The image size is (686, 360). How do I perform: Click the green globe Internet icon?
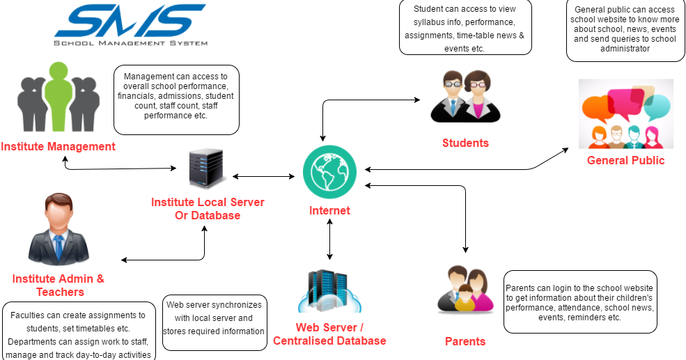(329, 174)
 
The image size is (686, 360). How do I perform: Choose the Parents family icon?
(465, 288)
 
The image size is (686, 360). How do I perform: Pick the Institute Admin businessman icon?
(59, 230)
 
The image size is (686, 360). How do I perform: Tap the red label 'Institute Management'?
(58, 147)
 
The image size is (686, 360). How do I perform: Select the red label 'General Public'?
(625, 161)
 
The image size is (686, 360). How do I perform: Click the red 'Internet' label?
(329, 210)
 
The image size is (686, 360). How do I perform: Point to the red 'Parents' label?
(465, 341)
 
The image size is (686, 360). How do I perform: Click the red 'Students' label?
(465, 143)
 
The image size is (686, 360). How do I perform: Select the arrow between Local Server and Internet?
(263, 176)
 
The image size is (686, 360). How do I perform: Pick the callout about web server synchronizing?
(214, 318)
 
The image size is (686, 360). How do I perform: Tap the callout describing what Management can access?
(176, 100)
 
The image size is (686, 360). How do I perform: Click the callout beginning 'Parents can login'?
(579, 302)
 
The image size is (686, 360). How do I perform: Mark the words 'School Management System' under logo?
(131, 43)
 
